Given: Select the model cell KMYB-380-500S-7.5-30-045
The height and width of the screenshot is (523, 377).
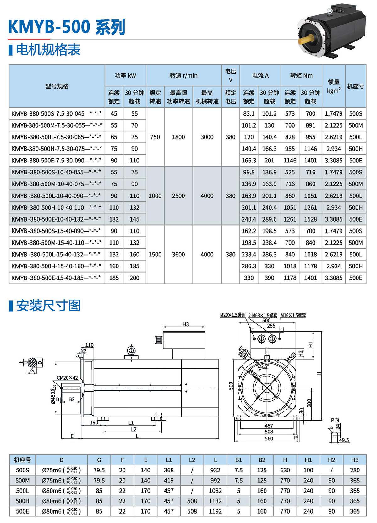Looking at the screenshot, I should (57, 114).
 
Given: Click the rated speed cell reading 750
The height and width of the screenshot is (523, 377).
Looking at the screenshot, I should (155, 137).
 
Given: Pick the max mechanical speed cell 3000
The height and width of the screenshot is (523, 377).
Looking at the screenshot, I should (207, 137).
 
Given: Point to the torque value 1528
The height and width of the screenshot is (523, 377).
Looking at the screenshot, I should (310, 219).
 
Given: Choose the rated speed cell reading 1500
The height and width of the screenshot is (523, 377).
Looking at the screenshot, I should (155, 255).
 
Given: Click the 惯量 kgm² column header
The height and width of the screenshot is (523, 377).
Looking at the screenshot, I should (334, 86).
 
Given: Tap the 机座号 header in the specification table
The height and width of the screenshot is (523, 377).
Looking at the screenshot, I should (356, 86).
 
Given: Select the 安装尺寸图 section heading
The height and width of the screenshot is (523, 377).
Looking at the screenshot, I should (48, 306).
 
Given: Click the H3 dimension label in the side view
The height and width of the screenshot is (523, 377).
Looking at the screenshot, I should (186, 324).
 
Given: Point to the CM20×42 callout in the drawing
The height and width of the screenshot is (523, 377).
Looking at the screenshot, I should (67, 378).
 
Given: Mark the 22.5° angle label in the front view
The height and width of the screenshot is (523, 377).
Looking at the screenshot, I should (264, 366).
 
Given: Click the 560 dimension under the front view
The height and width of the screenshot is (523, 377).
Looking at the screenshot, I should (269, 438).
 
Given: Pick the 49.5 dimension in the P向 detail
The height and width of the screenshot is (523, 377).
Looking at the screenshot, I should (344, 440).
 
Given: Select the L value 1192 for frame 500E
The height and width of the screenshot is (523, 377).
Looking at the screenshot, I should (215, 511).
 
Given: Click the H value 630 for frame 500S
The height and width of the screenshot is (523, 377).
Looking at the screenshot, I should (285, 470).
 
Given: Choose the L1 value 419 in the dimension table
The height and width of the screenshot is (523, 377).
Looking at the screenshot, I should (169, 481).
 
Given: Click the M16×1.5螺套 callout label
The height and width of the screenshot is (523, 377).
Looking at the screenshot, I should (293, 315).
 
